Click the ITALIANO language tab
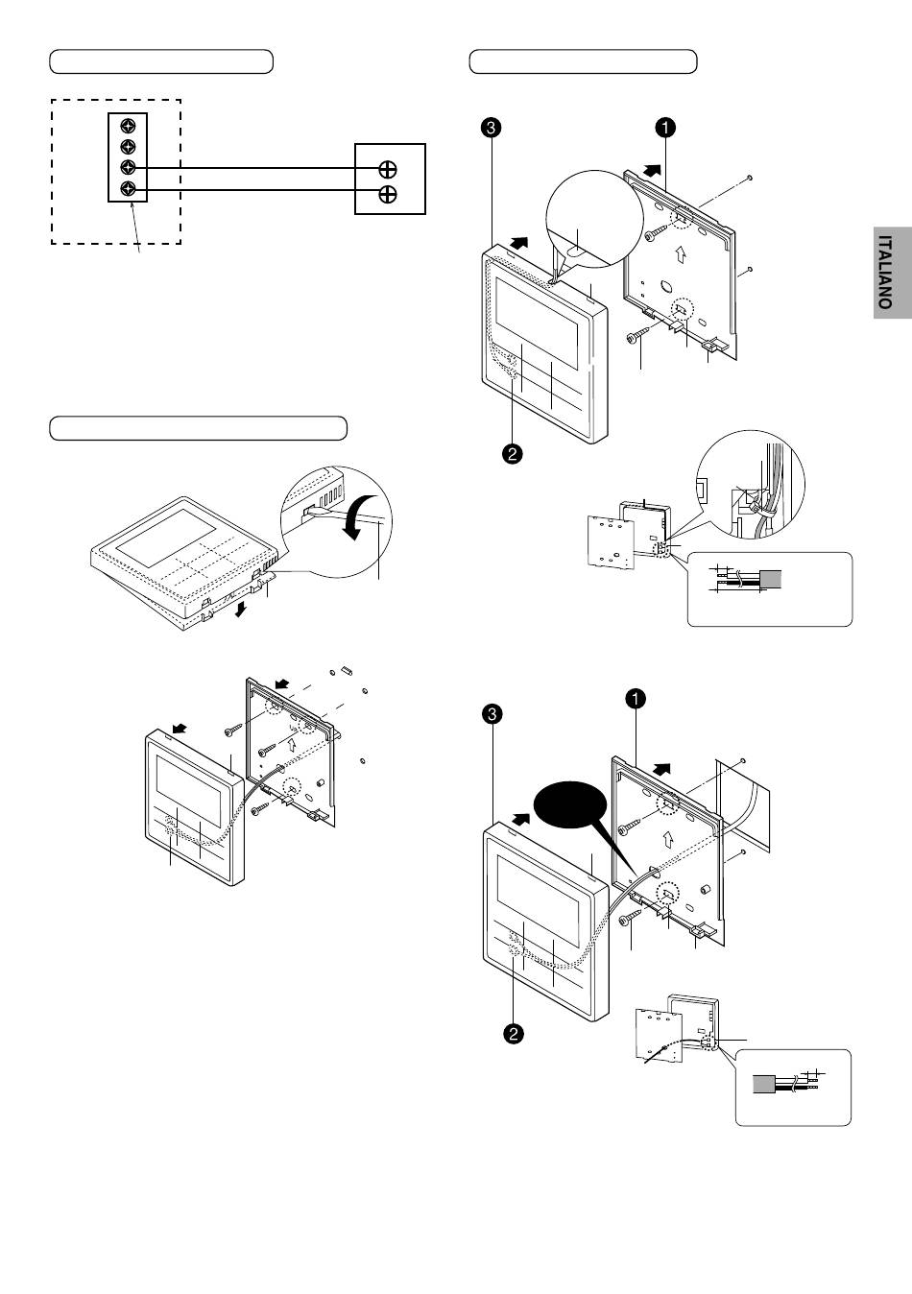893,272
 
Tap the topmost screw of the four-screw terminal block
128,126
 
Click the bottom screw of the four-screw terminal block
128,188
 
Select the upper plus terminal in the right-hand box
388,169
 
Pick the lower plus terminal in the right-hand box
388,195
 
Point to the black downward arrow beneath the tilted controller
241,609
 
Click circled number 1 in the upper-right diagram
665,127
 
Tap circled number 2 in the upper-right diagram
513,453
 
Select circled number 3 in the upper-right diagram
491,127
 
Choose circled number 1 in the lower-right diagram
636,699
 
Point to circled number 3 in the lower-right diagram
492,714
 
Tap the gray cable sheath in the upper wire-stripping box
771,579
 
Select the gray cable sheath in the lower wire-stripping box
764,1084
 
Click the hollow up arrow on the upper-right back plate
680,253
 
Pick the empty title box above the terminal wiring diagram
161,61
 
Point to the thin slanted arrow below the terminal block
135,228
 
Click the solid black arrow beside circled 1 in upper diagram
652,171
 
